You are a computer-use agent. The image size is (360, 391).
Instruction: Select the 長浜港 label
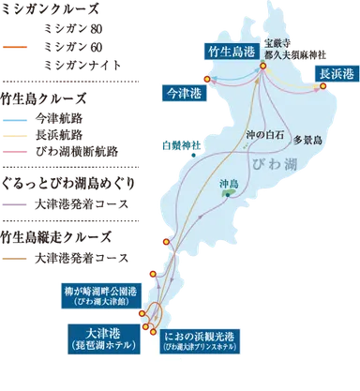(x=336, y=73)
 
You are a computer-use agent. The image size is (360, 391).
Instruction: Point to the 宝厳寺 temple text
(x=277, y=43)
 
